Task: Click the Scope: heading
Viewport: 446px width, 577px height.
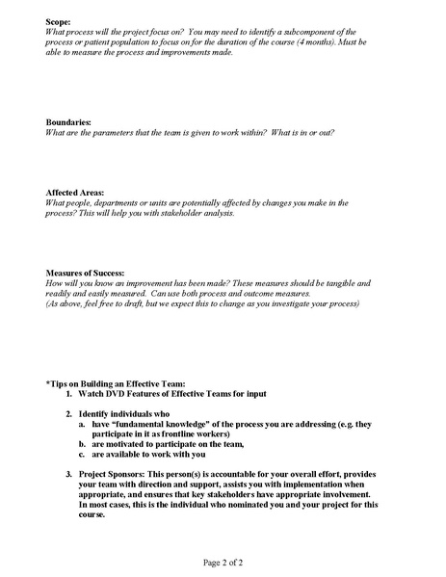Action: (x=61, y=20)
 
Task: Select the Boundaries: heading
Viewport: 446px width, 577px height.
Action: (x=69, y=122)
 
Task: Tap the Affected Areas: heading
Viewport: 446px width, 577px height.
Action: (x=76, y=193)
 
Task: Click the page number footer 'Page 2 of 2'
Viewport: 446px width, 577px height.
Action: (x=223, y=562)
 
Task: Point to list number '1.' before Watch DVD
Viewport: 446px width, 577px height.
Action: (x=69, y=394)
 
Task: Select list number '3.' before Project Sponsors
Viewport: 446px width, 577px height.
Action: (x=69, y=474)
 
